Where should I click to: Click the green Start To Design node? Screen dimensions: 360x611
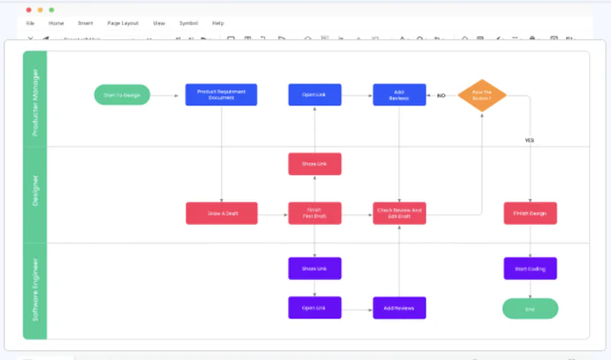(122, 95)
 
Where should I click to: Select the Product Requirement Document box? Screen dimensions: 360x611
(221, 95)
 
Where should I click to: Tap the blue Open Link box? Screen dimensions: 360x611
(315, 95)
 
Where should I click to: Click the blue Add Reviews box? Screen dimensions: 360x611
(399, 95)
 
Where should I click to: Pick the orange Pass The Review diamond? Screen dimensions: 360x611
(481, 95)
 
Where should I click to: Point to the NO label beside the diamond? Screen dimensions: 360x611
(441, 95)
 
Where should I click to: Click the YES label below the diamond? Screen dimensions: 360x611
(530, 140)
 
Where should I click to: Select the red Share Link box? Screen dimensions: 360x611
(315, 163)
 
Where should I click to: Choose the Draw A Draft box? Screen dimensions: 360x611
(221, 213)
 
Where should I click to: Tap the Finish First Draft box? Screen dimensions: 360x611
(315, 213)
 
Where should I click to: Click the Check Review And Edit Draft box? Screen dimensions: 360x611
(399, 213)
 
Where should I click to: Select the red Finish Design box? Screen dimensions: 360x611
(530, 213)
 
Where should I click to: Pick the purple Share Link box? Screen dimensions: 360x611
(315, 268)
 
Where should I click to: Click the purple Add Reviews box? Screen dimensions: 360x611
(399, 308)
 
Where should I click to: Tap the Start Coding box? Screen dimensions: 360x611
(530, 268)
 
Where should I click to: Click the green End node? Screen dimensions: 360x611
(530, 308)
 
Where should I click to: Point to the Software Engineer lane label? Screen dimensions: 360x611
(36, 290)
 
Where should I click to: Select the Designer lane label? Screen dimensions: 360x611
(36, 191)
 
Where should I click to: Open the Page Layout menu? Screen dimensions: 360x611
(123, 23)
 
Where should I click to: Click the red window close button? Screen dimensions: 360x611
(29, 9)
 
